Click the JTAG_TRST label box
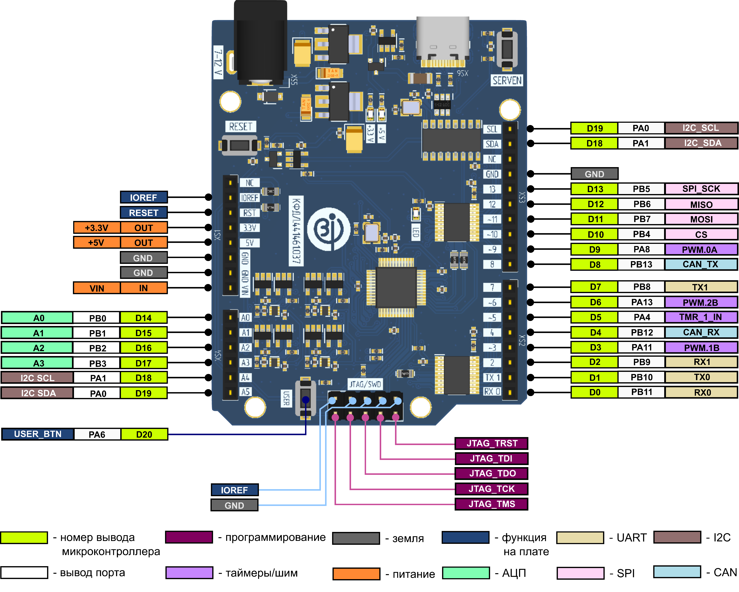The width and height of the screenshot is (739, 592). [x=491, y=443]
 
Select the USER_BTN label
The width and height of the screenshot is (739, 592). [x=38, y=434]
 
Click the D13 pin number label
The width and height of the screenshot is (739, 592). [x=595, y=189]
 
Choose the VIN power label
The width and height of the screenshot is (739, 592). [x=97, y=288]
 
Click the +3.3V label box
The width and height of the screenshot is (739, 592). [x=97, y=228]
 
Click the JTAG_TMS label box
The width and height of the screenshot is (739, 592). [x=491, y=504]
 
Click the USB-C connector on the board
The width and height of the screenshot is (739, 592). [x=442, y=41]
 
